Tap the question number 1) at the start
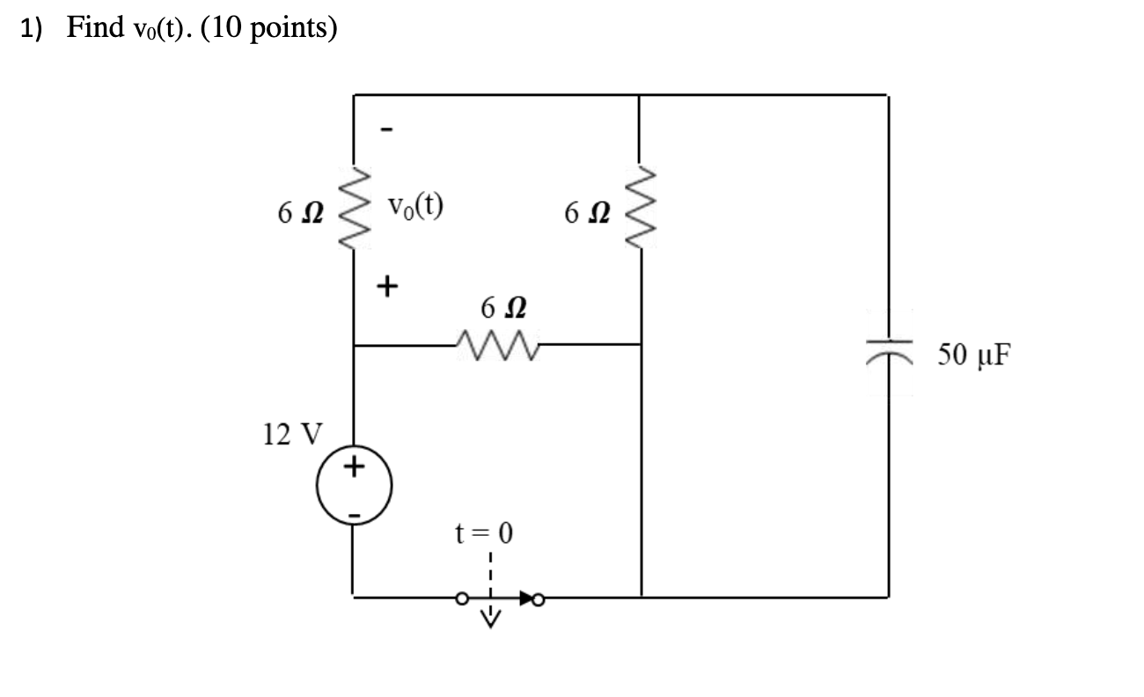click(x=33, y=29)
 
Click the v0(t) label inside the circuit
click(x=415, y=207)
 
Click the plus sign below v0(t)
click(x=386, y=286)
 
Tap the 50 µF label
click(x=974, y=355)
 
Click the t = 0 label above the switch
click(x=482, y=533)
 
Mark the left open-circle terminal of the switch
click(x=461, y=600)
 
